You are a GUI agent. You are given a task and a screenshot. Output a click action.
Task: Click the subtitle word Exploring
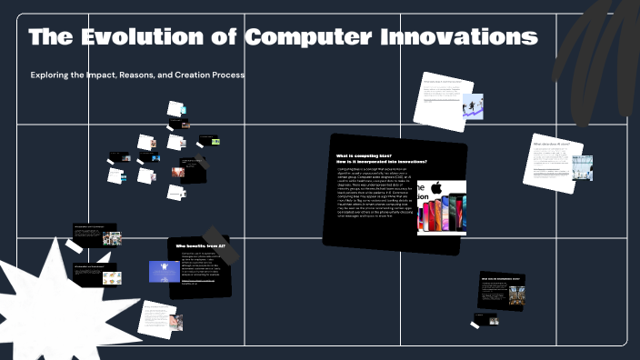53,75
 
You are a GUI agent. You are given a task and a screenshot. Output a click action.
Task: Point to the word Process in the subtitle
224,75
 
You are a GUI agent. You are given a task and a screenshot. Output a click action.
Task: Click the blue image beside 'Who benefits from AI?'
164,272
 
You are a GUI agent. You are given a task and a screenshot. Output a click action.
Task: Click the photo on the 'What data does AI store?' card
582,167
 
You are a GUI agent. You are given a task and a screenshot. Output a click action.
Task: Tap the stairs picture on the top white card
472,105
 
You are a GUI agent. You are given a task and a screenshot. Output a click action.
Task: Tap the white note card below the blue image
155,316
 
